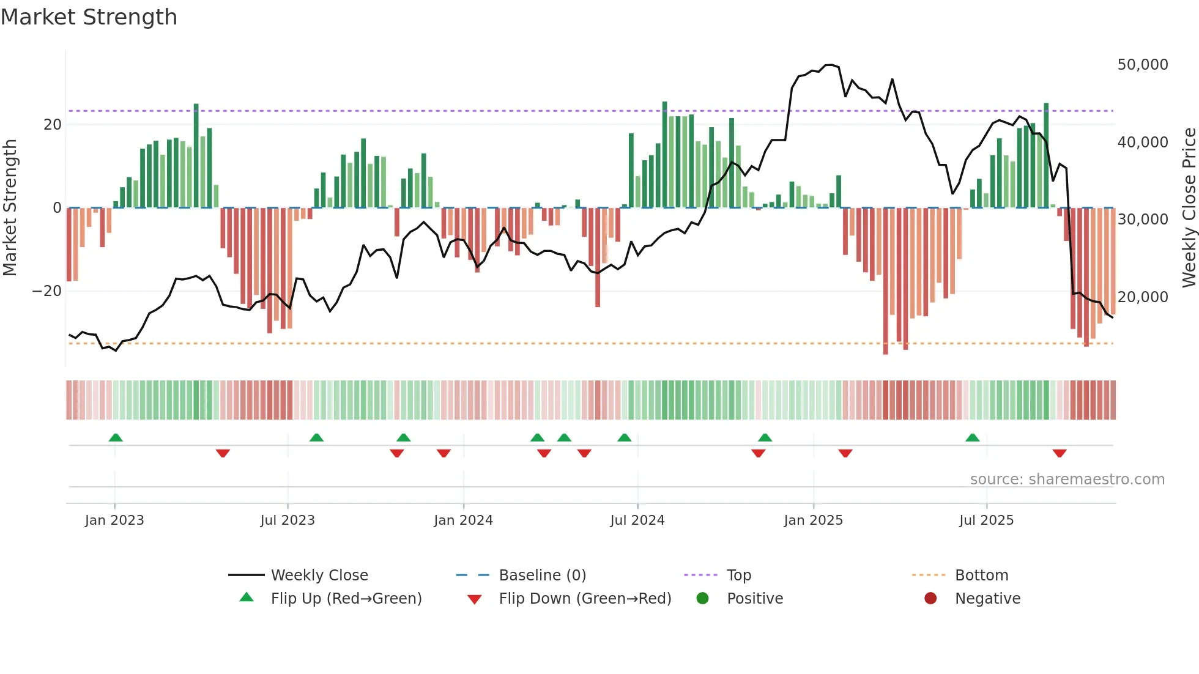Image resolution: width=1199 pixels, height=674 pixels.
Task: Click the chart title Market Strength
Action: coord(89,17)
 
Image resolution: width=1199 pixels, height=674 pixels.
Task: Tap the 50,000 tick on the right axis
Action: coord(1142,65)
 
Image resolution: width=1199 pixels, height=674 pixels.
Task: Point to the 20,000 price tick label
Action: coord(1142,297)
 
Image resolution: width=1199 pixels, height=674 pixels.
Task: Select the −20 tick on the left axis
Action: coord(47,291)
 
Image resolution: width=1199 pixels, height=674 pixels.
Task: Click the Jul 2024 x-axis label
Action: coord(637,520)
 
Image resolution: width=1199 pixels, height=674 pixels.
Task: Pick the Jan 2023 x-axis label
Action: coord(114,520)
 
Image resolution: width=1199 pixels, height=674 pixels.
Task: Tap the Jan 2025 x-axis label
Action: coord(813,520)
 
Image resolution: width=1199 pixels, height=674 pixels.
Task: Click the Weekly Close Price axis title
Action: coord(1189,208)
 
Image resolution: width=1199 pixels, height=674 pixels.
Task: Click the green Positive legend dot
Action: coord(702,599)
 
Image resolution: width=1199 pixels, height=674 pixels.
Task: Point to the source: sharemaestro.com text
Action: coord(1067,480)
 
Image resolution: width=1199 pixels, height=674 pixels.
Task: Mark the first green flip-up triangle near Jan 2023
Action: coord(116,437)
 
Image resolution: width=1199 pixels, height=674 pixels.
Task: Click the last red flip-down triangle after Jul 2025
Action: coord(1060,453)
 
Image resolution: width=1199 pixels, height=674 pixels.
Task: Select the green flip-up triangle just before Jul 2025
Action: coord(972,437)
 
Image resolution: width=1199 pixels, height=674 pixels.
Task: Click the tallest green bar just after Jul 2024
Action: coord(664,153)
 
